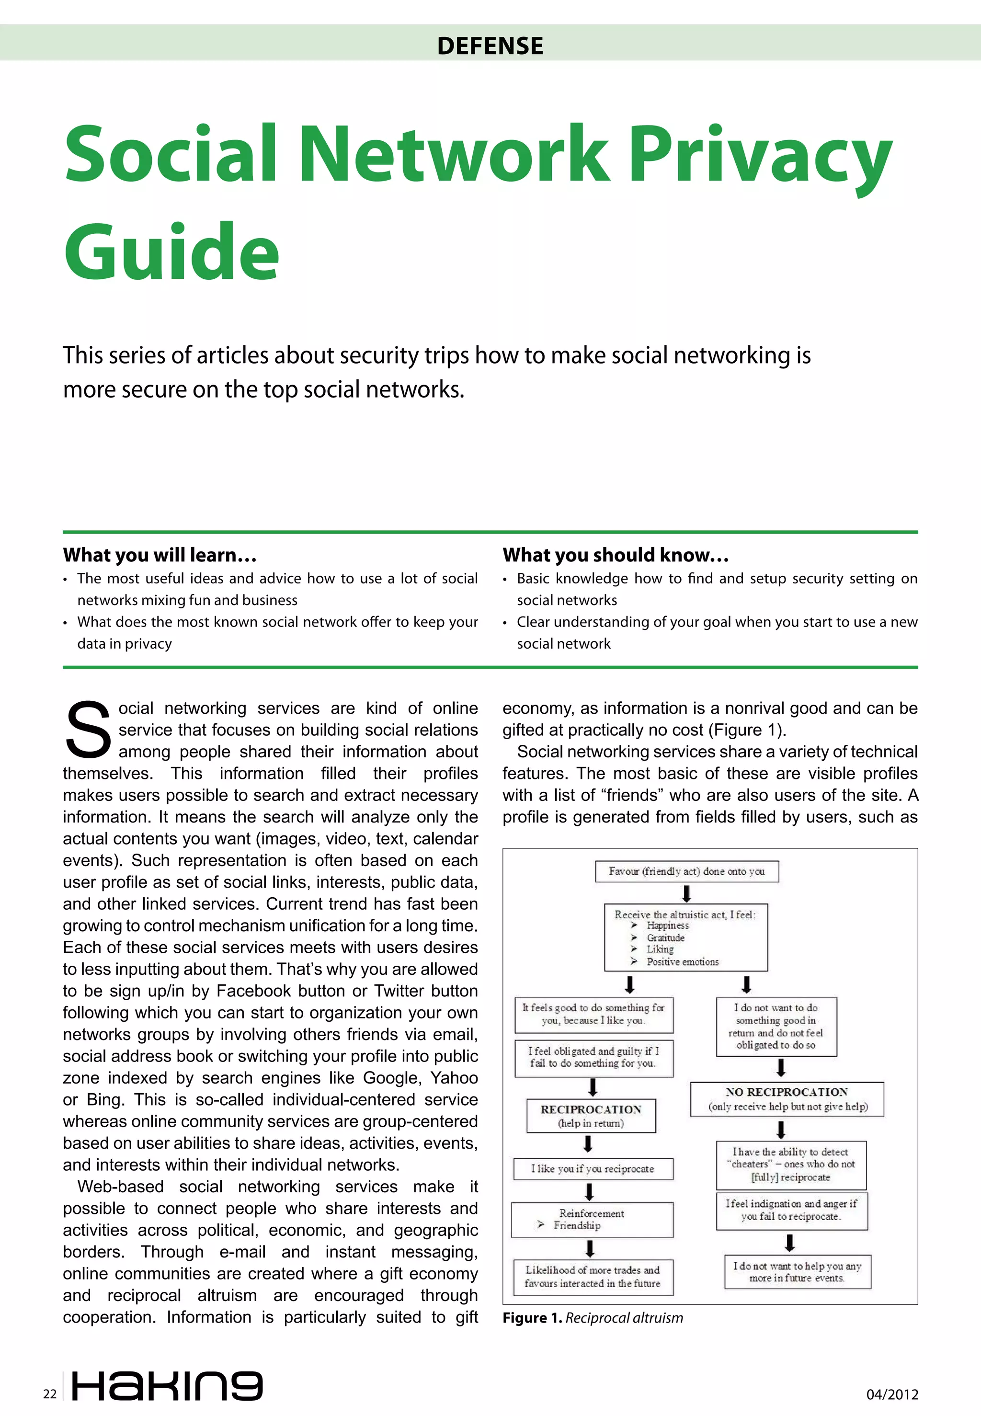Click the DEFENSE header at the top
(x=490, y=46)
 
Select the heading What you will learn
(x=159, y=555)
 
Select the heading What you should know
(x=615, y=555)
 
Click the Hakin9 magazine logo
(x=167, y=1385)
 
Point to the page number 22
(x=50, y=1394)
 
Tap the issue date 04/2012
(x=892, y=1394)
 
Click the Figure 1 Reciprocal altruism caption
(x=593, y=1318)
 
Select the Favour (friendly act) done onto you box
(x=686, y=871)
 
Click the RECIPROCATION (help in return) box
(x=591, y=1116)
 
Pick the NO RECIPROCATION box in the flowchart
(x=787, y=1099)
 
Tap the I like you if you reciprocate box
(x=593, y=1169)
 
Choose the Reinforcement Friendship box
(x=592, y=1219)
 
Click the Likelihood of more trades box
(x=593, y=1277)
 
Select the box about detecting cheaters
(x=790, y=1165)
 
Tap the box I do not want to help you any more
(x=797, y=1271)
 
